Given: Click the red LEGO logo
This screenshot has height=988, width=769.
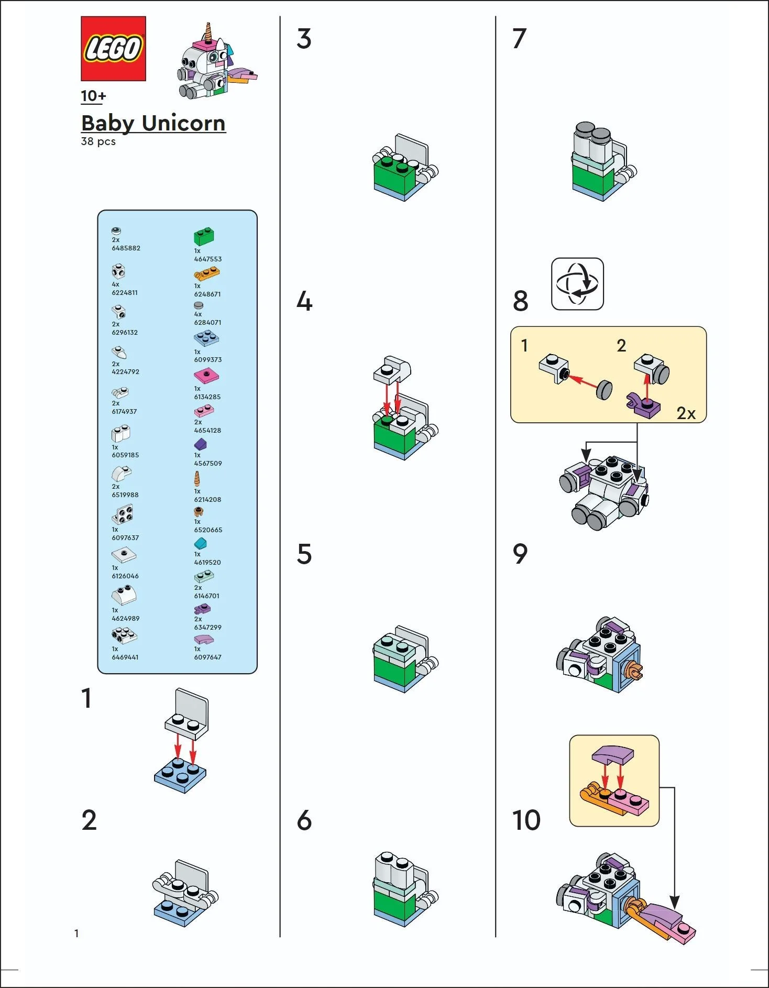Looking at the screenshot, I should click(x=113, y=49).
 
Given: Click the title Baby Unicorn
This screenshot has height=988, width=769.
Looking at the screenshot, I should click(x=153, y=123).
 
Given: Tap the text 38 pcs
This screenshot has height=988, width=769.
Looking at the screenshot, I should click(x=98, y=141).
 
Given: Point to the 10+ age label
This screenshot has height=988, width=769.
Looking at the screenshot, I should click(x=93, y=96).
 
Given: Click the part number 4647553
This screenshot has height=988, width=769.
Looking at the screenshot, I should click(x=208, y=259).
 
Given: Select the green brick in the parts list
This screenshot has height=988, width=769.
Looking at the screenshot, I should click(x=204, y=237).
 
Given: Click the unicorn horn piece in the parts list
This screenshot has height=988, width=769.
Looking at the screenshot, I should click(x=197, y=479).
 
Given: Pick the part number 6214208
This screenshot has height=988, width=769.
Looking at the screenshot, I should click(x=207, y=499).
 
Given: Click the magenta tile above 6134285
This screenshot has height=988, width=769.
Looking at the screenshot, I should click(x=206, y=376).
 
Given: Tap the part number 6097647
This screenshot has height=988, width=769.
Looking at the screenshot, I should click(x=207, y=657).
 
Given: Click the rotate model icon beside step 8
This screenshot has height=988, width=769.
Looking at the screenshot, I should click(x=577, y=284).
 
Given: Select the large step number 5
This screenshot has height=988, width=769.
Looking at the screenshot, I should click(x=304, y=554).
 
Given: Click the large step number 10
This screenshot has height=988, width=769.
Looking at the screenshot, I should click(x=526, y=820).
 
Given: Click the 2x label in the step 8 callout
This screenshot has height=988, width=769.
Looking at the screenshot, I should click(x=686, y=413).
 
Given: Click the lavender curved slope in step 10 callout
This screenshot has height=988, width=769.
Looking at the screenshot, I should click(x=612, y=755).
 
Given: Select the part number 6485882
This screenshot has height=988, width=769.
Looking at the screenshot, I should click(x=126, y=248).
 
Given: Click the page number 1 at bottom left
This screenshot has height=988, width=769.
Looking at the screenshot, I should click(x=76, y=933).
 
